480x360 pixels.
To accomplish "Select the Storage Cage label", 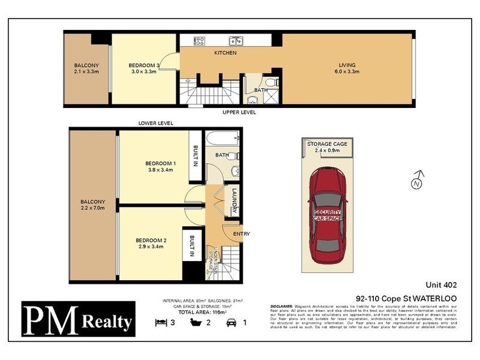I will point(328,145).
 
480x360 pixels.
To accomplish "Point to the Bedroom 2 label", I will point(151,241).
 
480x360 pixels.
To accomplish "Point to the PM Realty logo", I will point(79,319).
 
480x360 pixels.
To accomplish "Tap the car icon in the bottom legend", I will point(231,322).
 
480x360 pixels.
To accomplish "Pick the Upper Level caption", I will point(239,112).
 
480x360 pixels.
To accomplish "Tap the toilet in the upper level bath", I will point(271,82).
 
